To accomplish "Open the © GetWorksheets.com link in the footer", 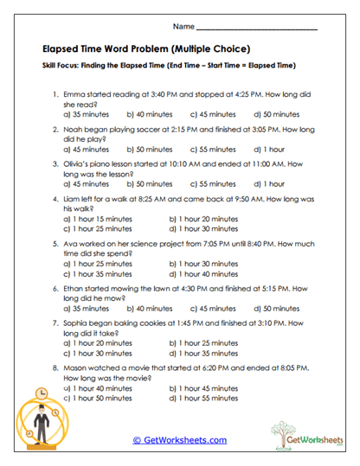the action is pyautogui.click(x=180, y=439).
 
